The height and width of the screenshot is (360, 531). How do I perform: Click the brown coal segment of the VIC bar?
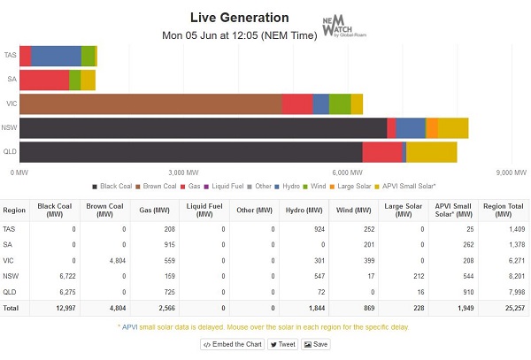[150, 103]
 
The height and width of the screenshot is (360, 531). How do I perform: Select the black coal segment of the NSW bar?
[203, 127]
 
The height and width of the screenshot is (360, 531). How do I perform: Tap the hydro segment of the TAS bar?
[56, 56]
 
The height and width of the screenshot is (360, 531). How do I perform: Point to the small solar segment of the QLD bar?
[431, 151]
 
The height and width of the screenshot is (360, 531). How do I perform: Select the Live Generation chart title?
[239, 18]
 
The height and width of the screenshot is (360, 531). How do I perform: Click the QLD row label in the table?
[13, 290]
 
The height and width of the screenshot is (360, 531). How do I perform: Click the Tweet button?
[282, 344]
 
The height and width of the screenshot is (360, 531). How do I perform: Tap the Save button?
[316, 344]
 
